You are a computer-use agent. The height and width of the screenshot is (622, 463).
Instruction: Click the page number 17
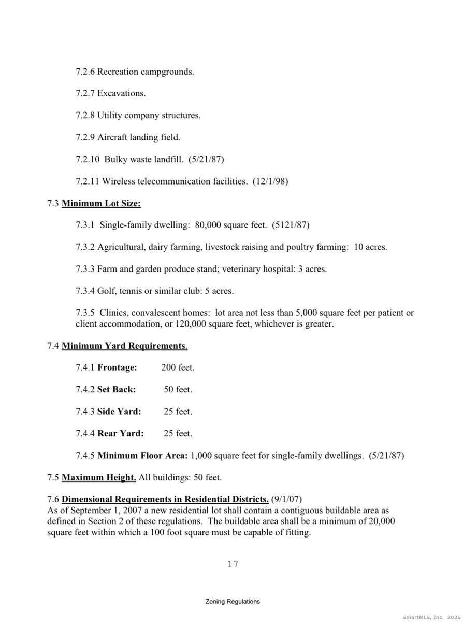[233, 564]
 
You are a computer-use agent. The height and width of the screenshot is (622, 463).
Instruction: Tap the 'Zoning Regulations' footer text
[233, 602]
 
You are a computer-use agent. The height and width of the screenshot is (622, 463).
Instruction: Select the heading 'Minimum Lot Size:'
[101, 204]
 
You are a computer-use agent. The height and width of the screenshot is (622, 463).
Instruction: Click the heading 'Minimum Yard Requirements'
[124, 346]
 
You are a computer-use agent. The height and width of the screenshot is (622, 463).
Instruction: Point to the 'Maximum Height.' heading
[99, 477]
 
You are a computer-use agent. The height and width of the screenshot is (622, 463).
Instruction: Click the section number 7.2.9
[85, 137]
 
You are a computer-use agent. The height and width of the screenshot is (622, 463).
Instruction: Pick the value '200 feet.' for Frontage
[178, 367]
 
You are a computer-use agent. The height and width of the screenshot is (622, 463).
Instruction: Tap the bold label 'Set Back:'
[117, 389]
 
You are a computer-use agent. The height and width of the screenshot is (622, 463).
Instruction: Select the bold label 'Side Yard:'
[119, 412]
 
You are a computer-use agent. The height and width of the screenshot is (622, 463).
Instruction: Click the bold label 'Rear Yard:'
[120, 433]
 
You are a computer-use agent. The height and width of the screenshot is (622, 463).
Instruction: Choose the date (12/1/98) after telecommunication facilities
[270, 181]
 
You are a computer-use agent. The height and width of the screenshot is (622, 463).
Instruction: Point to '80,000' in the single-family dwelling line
[209, 225]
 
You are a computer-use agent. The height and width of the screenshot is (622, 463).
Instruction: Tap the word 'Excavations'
[121, 93]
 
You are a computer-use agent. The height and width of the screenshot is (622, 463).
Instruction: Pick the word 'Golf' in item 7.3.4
[106, 291]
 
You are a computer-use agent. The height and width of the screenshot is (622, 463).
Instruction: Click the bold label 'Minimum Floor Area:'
[142, 456]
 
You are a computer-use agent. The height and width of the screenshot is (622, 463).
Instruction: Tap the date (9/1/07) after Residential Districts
[286, 499]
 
